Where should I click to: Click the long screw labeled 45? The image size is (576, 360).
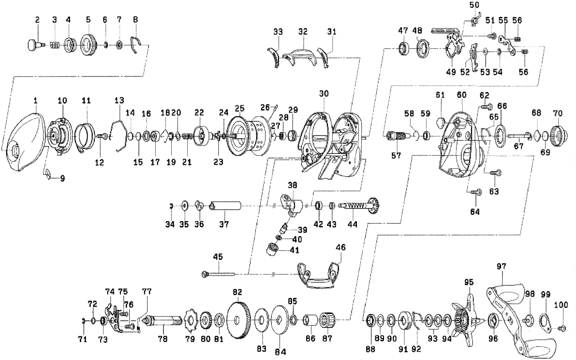219,274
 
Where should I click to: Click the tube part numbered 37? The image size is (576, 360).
227,208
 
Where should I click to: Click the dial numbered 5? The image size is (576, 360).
89,46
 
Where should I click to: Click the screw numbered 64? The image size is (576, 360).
475,193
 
